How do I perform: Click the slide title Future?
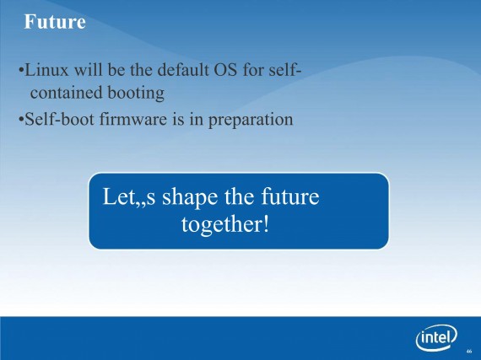click(55, 22)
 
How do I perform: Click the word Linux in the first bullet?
click(46, 70)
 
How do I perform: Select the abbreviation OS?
click(225, 70)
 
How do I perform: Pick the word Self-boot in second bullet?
click(59, 119)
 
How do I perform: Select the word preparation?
click(251, 120)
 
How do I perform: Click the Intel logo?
click(436, 337)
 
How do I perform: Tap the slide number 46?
click(469, 351)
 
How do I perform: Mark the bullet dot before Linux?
click(21, 70)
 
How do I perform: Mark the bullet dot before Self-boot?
click(21, 119)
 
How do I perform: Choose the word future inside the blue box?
click(290, 196)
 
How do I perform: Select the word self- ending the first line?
click(285, 69)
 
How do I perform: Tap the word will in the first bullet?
click(89, 69)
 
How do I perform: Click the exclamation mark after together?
click(266, 223)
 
